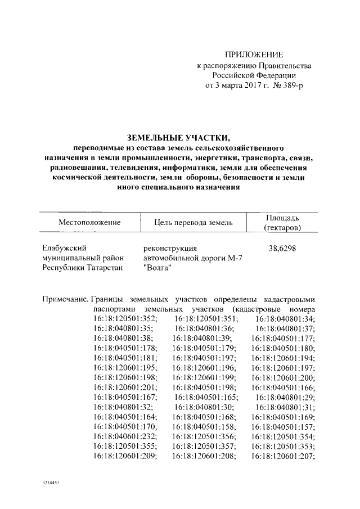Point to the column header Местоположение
tap(89, 223)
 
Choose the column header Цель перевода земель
tap(193, 223)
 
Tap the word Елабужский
tap(65, 247)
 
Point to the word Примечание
tap(65, 299)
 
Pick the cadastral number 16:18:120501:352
tap(125, 319)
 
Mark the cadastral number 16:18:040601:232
tap(125, 436)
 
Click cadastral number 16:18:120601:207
tap(283, 456)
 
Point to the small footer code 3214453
tap(52, 483)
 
